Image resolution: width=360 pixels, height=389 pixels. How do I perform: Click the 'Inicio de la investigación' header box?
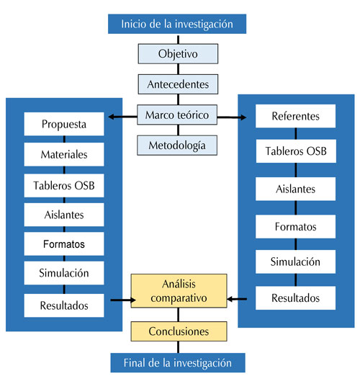(x=177, y=24)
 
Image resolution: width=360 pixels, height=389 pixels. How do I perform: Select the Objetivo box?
(x=178, y=54)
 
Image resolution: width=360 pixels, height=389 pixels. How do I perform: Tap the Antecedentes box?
(x=178, y=84)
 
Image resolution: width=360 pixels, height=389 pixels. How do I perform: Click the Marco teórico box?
(x=177, y=115)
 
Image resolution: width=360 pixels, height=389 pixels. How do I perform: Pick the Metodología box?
(x=177, y=146)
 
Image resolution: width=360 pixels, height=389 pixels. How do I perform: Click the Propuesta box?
(x=64, y=124)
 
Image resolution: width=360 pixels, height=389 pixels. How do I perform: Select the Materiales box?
(x=64, y=154)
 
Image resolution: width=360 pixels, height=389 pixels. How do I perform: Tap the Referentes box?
(x=295, y=116)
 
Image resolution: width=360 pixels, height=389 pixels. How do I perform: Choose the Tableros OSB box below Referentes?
(x=296, y=151)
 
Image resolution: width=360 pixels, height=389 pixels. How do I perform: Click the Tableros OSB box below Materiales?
(x=64, y=186)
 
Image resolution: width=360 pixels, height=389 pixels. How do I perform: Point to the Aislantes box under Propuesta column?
(x=64, y=215)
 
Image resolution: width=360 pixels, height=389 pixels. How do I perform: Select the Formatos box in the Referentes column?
(x=295, y=227)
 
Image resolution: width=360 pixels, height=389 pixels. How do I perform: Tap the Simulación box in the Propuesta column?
(x=64, y=273)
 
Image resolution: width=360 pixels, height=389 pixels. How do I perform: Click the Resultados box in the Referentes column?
(x=295, y=298)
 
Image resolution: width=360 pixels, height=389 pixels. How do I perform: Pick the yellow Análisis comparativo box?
(x=179, y=291)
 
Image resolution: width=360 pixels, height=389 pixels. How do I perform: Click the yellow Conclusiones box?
(x=179, y=331)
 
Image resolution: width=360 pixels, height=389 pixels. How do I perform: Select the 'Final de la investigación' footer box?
(x=178, y=362)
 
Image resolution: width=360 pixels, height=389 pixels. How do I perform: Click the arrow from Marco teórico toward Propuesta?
(x=123, y=117)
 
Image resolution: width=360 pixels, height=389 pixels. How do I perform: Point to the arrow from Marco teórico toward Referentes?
(x=232, y=117)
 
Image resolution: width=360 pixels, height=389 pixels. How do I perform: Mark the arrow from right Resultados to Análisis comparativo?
(x=237, y=299)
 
